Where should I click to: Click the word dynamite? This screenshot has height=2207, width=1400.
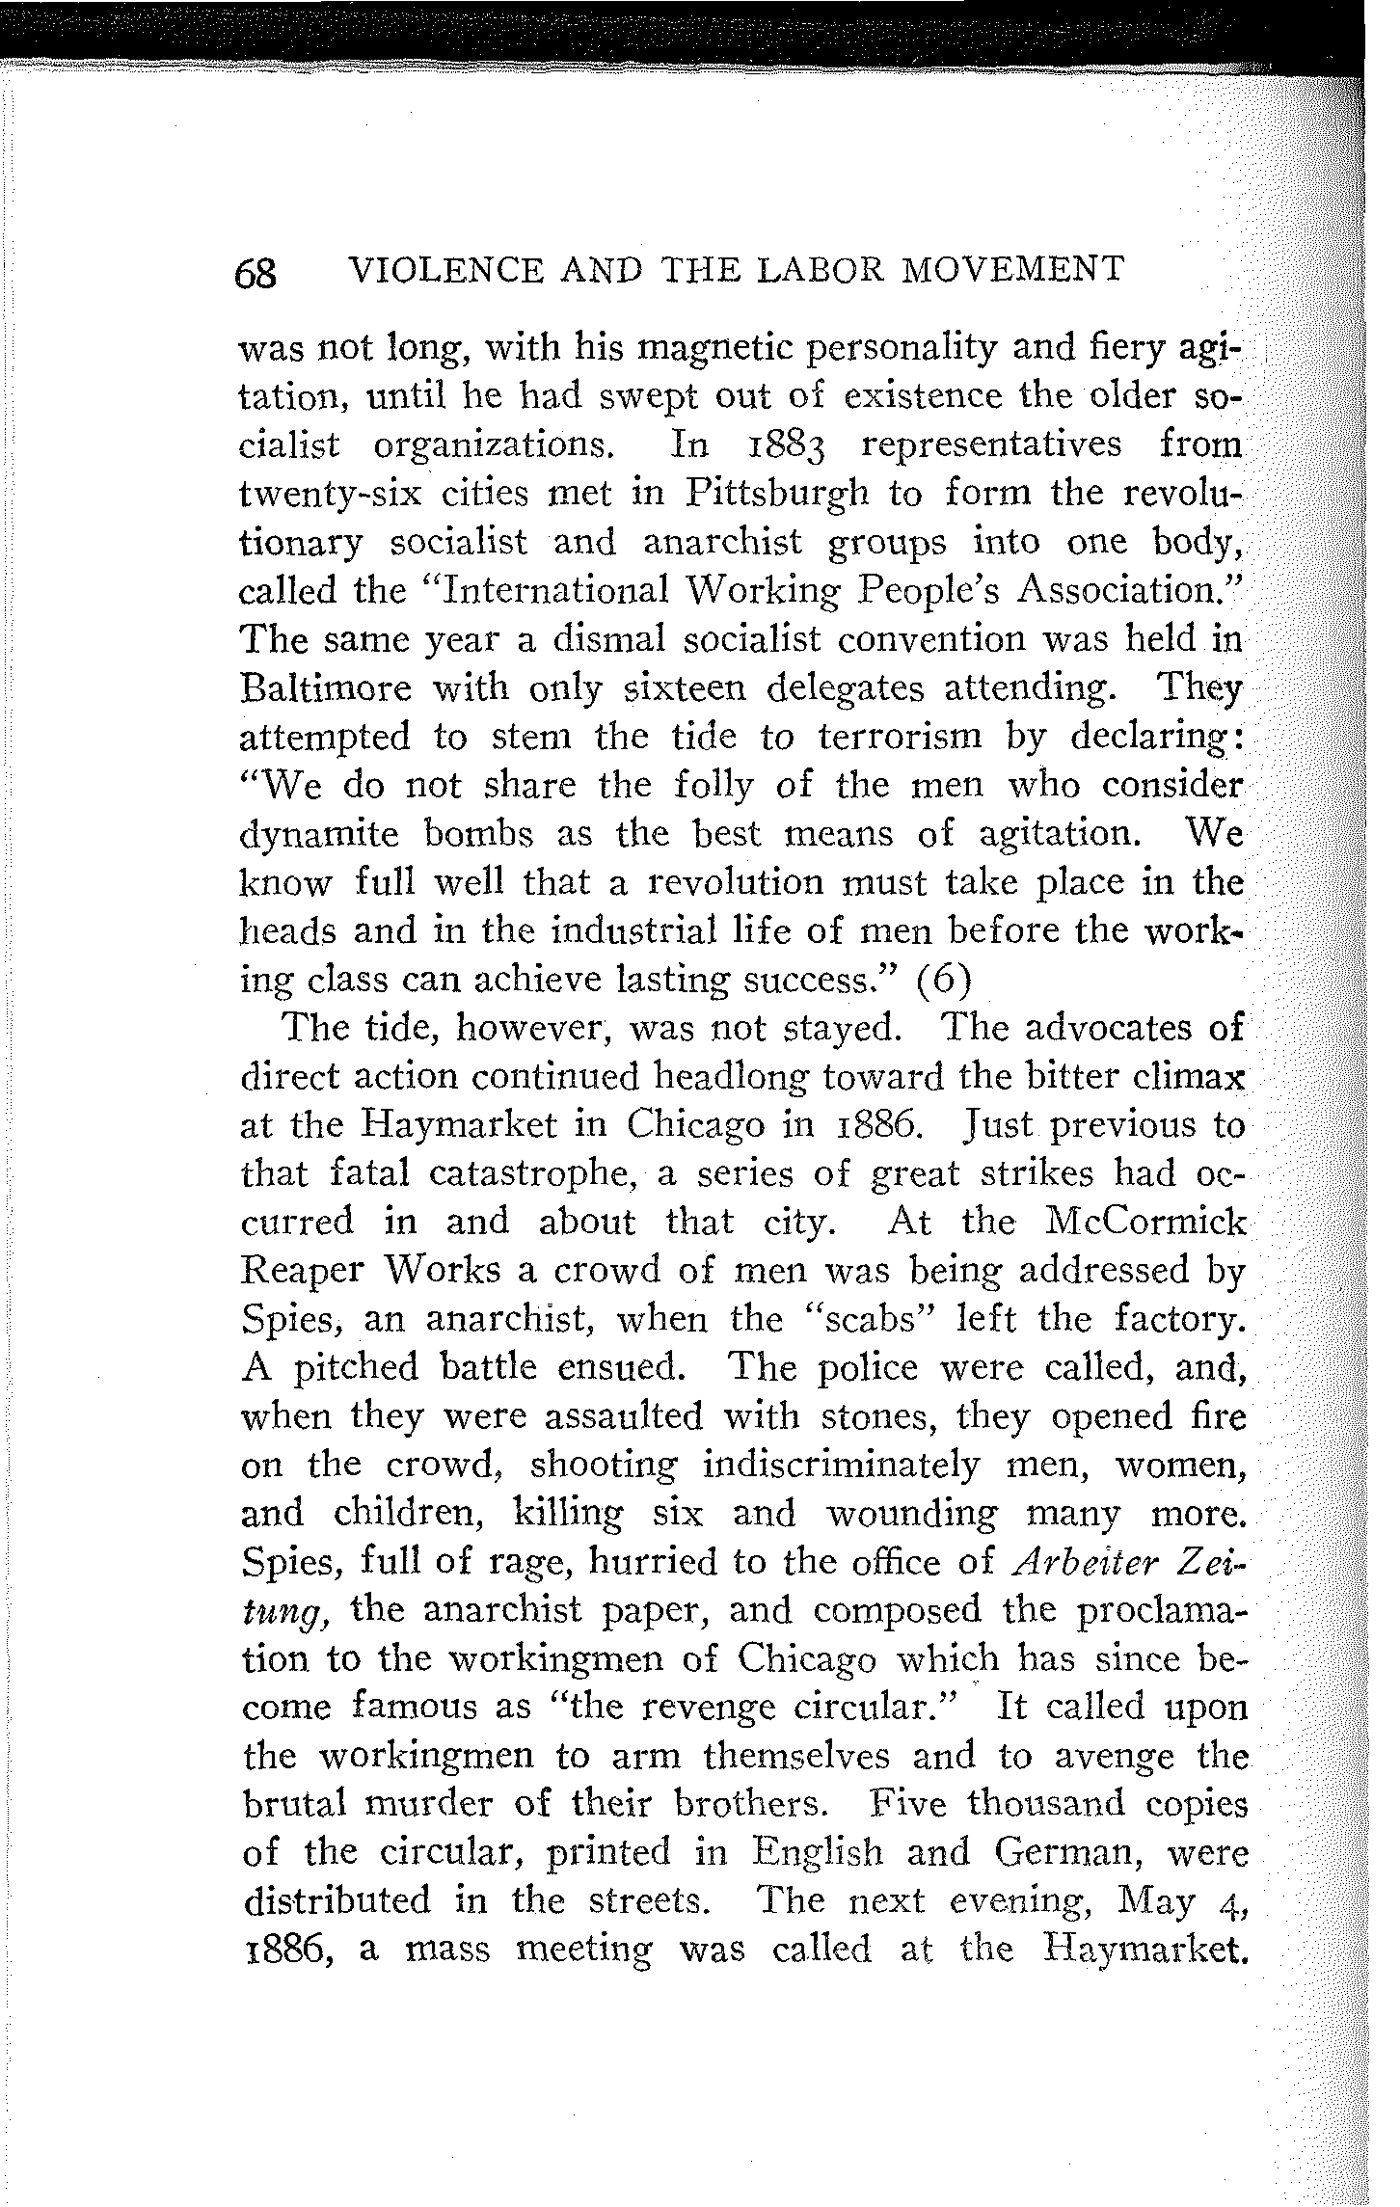pos(318,835)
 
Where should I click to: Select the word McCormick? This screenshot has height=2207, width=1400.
pos(1146,1224)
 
